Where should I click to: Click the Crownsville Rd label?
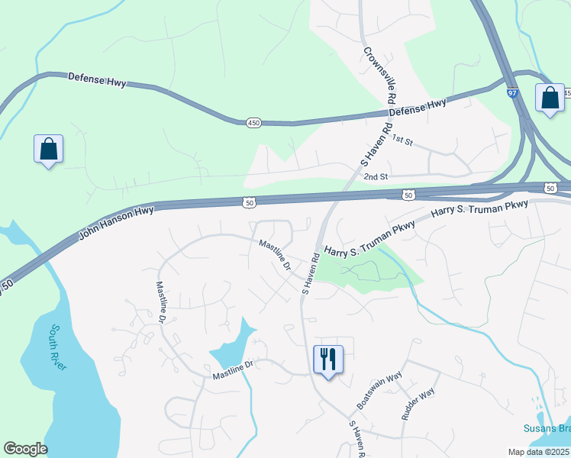[378, 76]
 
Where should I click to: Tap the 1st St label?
[402, 140]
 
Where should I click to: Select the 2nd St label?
[376, 177]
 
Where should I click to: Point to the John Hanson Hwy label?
[117, 223]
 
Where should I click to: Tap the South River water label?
[55, 347]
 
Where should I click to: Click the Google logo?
[25, 449]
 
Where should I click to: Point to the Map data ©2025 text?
[538, 452]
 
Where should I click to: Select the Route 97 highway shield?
[510, 92]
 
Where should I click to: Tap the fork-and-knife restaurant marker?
[328, 360]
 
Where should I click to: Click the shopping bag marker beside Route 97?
[550, 98]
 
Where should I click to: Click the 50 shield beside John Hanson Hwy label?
[249, 202]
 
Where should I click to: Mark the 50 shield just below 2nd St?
[409, 195]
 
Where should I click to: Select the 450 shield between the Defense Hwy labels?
[253, 122]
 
